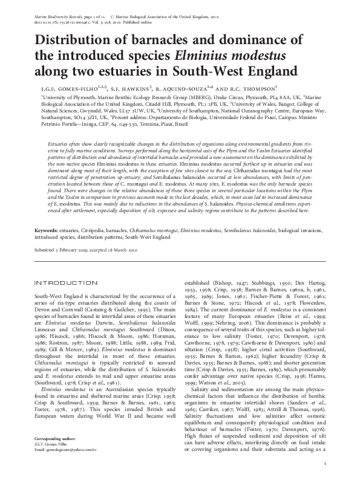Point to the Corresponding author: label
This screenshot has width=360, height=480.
tap(55, 453)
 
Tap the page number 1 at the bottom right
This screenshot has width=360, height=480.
tap(325, 464)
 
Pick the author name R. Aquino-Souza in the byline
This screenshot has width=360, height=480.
tap(185, 88)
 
